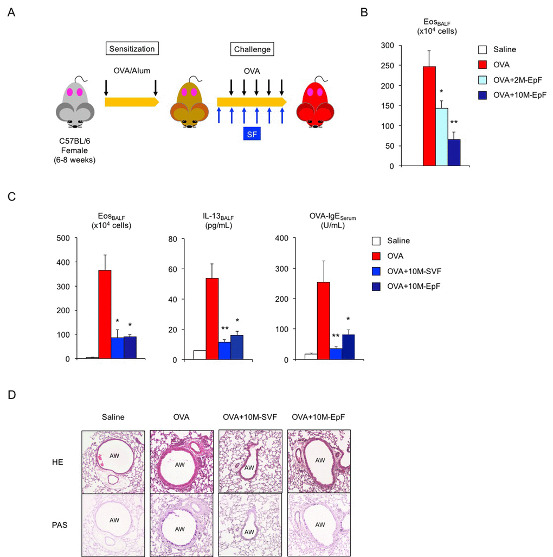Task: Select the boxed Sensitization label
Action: [x=131, y=49]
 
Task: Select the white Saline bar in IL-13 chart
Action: [x=199, y=355]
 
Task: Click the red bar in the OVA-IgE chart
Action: [x=323, y=320]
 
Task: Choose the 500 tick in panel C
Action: [x=63, y=238]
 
